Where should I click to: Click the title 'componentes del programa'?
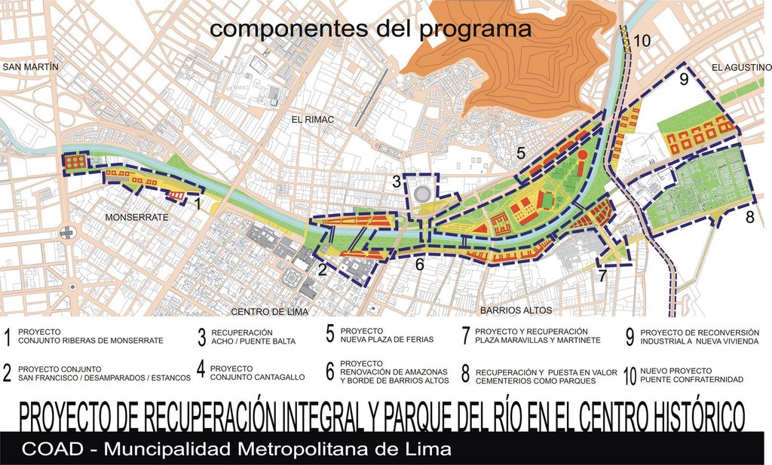point(370,29)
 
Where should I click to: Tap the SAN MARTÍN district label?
point(30,67)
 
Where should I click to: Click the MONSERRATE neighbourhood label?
point(136,217)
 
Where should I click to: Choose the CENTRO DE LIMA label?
point(269,311)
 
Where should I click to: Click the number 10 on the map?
point(642,41)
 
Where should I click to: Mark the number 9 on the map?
point(684,80)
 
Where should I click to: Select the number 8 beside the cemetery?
point(749,218)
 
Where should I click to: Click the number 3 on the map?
point(397,182)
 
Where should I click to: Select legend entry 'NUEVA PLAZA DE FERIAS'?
point(387,339)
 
